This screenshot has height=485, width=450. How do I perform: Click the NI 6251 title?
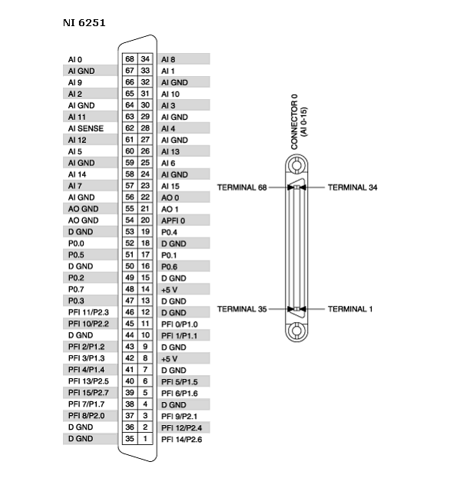pyautogui.click(x=84, y=23)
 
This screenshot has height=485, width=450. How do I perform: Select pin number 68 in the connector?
pyautogui.click(x=130, y=58)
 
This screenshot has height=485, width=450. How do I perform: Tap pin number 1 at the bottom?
pyautogui.click(x=145, y=438)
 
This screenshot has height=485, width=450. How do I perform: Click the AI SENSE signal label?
pyautogui.click(x=85, y=128)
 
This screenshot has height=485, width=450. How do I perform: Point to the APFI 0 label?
pyautogui.click(x=173, y=221)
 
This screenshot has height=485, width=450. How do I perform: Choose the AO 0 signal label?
pyautogui.click(x=170, y=198)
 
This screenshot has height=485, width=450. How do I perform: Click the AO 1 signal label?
pyautogui.click(x=170, y=209)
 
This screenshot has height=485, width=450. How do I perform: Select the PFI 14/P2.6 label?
pyautogui.click(x=181, y=439)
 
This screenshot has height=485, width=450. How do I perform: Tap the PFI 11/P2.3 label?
pyautogui.click(x=88, y=312)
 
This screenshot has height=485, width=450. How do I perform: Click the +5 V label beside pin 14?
pyautogui.click(x=169, y=290)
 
